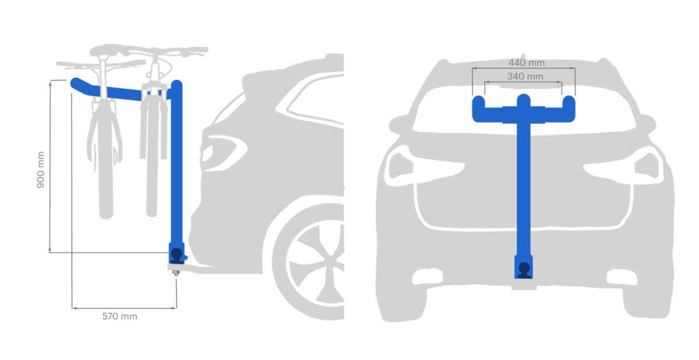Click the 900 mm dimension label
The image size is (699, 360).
click(41, 170)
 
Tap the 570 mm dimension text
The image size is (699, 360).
click(120, 316)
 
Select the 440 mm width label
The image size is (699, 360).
click(527, 63)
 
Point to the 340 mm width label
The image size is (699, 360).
click(525, 76)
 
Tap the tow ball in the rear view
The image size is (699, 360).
click(524, 270)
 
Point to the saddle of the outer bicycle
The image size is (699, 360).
click(106, 50)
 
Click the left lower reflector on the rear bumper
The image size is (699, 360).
click(427, 277)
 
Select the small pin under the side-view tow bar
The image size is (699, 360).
click(176, 273)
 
